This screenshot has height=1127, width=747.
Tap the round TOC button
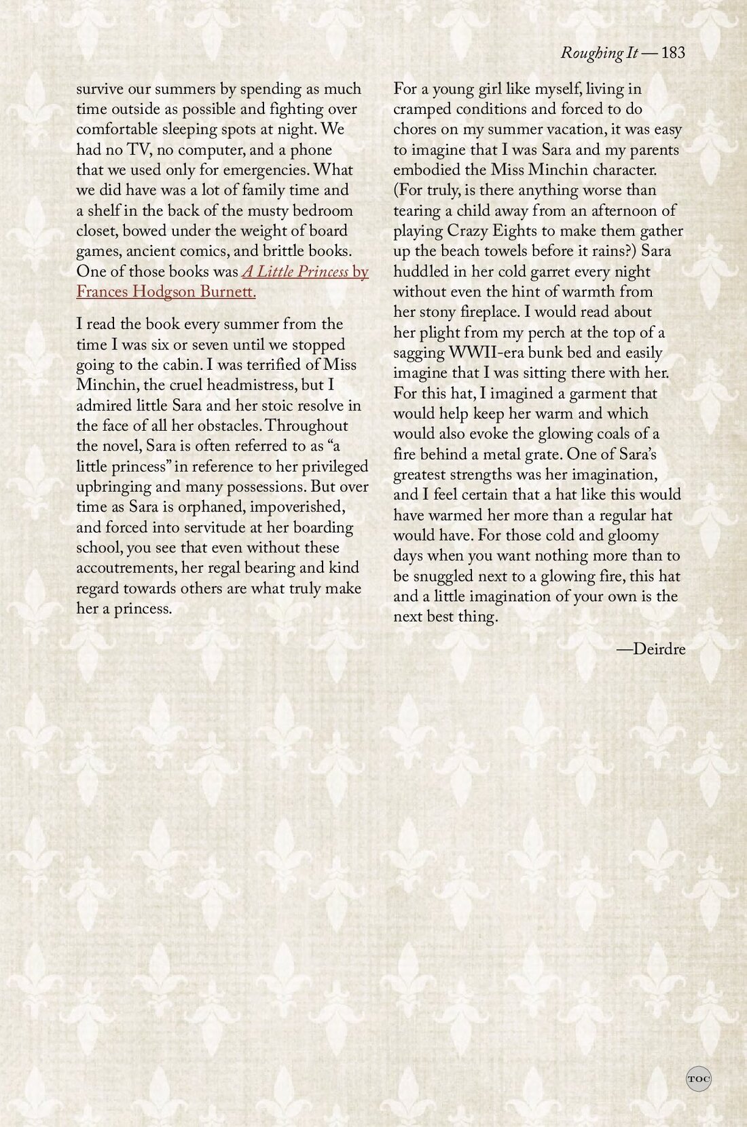coord(698,1078)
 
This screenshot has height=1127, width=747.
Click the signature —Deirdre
coord(651,649)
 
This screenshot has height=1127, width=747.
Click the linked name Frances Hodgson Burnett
coord(166,292)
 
